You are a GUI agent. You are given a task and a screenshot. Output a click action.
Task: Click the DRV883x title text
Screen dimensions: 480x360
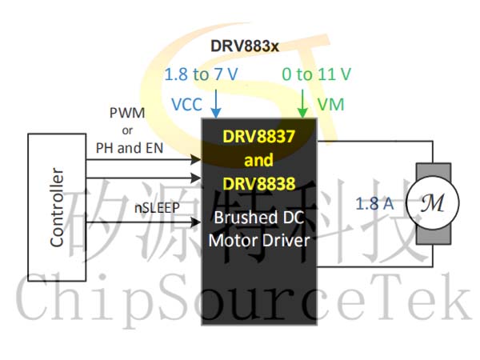coord(245,46)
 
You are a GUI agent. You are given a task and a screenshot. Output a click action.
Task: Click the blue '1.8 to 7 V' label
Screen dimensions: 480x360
coord(201,74)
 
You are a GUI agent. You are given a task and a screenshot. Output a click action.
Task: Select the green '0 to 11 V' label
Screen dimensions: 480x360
coord(316,74)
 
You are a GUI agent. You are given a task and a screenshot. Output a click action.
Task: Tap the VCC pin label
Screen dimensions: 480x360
coord(186,104)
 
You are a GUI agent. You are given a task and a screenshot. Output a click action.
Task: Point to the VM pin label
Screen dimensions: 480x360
coord(331,104)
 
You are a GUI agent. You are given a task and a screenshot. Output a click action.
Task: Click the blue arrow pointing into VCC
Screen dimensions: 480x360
coord(216,103)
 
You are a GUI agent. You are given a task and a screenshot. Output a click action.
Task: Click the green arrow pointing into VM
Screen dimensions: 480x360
coord(302,103)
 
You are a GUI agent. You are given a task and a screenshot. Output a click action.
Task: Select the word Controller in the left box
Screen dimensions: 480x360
coord(57,207)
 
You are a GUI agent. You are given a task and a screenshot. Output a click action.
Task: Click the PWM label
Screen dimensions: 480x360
coord(127,113)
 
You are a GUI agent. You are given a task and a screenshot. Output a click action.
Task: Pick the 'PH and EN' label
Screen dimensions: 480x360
coord(130,148)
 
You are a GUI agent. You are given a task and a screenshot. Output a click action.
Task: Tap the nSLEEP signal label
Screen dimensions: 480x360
coord(157,208)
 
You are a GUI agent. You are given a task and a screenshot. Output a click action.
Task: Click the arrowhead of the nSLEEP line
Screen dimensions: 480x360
coord(196,222)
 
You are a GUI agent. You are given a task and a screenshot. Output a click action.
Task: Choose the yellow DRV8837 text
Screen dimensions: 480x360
coord(258,137)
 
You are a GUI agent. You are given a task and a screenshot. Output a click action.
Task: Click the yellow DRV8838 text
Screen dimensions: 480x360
coord(258,184)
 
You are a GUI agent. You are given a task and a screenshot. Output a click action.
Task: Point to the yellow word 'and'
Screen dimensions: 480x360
coord(258,160)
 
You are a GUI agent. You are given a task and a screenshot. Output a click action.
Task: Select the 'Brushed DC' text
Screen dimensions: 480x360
coord(259,218)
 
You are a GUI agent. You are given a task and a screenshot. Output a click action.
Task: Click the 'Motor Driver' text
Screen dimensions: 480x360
coord(259,240)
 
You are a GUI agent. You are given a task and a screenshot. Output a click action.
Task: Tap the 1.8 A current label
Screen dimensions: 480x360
coord(374,203)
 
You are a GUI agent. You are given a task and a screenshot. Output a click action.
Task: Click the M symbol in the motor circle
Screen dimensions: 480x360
coord(432,203)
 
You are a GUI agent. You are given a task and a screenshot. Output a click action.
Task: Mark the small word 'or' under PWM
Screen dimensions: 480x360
coord(127,130)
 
